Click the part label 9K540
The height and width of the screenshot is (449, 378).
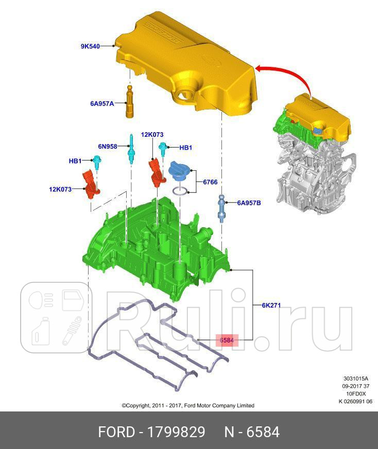click(90, 46)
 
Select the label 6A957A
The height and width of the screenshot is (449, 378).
click(101, 103)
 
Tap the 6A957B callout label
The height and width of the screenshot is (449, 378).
click(249, 203)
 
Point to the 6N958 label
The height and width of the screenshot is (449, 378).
click(108, 146)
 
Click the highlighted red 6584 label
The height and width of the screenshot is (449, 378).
click(227, 340)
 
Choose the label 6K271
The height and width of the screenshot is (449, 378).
click(271, 305)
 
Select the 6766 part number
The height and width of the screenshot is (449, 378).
click(210, 182)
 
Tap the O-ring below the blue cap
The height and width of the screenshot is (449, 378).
click(179, 192)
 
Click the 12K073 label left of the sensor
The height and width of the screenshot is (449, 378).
click(60, 189)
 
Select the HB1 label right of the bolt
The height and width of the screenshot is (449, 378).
click(185, 148)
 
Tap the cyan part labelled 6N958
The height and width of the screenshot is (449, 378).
click(132, 150)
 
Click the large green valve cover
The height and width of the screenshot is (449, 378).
click(154, 242)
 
